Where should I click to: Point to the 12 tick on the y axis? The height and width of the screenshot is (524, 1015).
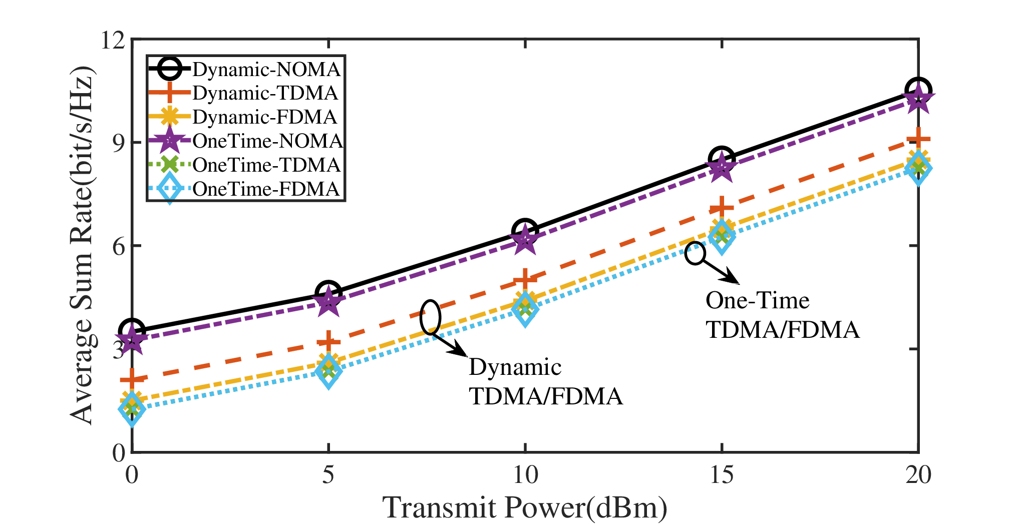click(113, 40)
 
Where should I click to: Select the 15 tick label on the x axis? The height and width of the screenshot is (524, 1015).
click(722, 474)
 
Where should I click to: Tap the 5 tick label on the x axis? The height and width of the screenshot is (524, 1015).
click(328, 474)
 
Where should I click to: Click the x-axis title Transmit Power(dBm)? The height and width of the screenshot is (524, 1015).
click(525, 507)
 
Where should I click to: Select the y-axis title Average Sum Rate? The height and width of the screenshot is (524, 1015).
click(83, 245)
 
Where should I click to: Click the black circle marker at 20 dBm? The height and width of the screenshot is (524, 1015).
click(918, 91)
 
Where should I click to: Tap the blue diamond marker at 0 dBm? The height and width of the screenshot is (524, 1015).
click(132, 409)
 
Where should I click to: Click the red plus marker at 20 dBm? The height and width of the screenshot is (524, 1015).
click(918, 139)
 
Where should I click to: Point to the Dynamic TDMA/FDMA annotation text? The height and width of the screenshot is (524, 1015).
click(546, 381)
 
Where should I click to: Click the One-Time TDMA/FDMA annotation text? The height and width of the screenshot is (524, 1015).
click(783, 315)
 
